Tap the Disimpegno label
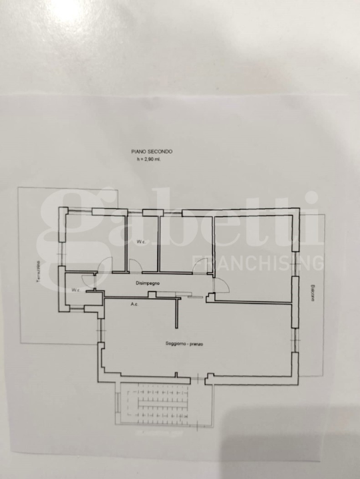point(147,283)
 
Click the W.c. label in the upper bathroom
point(142,241)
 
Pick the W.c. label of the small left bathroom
point(76,291)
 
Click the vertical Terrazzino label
point(39,273)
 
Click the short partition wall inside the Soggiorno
point(177,313)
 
